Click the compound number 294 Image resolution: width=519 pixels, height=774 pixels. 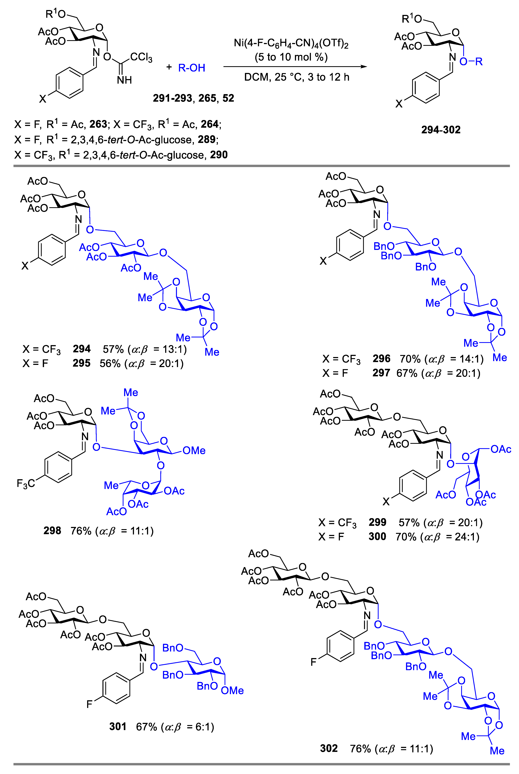[x=81, y=349]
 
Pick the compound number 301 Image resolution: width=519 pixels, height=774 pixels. [x=118, y=727]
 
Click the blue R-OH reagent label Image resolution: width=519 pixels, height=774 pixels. [x=192, y=68]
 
